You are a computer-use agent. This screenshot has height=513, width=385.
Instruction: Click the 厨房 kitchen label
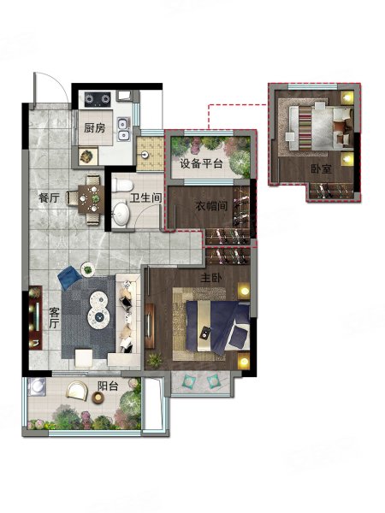coord(95,128)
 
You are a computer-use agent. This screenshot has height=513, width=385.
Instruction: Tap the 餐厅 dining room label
coord(49,198)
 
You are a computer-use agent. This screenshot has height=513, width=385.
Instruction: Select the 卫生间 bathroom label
coord(146,198)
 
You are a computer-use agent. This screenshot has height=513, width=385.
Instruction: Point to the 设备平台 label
coord(201,163)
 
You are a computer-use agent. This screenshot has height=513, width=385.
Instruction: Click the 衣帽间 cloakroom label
coord(211,206)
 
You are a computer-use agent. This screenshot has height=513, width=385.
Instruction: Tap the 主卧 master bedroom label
coord(211,278)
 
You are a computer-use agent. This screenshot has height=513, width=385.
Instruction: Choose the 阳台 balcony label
coord(108,386)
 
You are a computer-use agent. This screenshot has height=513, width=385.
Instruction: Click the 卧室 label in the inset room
coord(322,168)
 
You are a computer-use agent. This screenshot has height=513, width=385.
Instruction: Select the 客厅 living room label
coord(54,318)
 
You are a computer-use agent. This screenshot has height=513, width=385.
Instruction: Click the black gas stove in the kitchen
coord(98,99)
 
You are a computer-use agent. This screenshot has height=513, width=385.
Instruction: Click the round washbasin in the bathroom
coord(121,213)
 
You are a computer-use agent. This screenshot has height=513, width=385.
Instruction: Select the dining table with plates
coord(91,199)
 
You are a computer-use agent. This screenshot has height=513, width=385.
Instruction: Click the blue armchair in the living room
coord(70,277)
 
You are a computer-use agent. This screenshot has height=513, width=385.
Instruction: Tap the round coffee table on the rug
coord(98,310)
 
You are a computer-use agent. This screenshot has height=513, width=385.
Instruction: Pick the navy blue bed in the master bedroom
coord(217,327)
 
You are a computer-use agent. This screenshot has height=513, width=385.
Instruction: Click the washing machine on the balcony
coord(37,387)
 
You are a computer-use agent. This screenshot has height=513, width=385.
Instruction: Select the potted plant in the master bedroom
coord(154,360)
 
